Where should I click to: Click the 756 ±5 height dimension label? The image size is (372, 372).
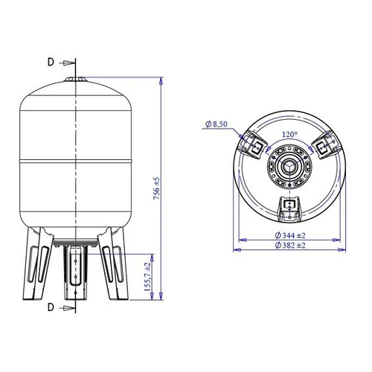click(x=156, y=189)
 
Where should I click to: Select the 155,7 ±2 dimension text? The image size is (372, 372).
click(x=147, y=277)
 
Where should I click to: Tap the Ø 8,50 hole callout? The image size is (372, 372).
click(x=217, y=124)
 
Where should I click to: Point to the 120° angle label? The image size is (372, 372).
click(x=289, y=135)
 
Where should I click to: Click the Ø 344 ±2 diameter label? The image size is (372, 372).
click(x=290, y=235)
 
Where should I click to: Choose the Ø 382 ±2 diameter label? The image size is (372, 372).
click(x=290, y=246)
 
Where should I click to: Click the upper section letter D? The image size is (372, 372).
click(x=51, y=62)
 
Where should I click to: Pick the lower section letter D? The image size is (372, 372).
click(x=51, y=307)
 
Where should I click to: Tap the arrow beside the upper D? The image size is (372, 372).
click(x=67, y=63)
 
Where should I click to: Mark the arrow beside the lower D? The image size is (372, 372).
click(x=67, y=308)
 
